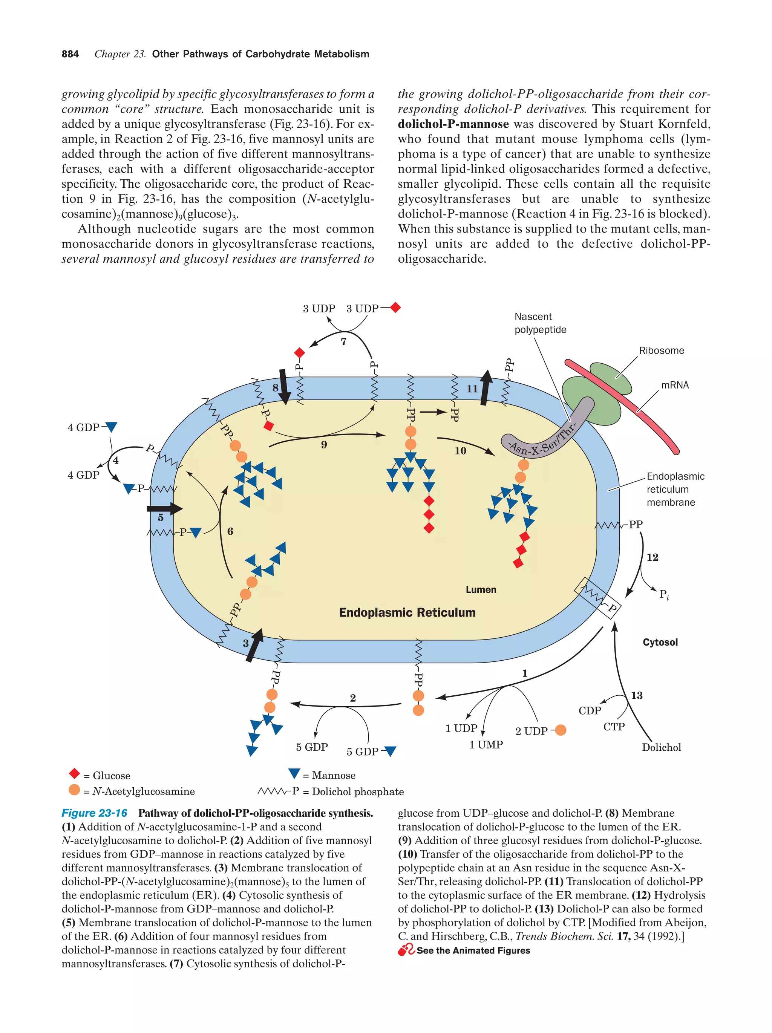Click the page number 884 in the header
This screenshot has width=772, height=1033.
70,54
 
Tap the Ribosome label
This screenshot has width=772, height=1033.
661,351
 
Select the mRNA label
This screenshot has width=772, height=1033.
674,385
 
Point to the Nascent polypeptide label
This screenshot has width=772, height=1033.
539,323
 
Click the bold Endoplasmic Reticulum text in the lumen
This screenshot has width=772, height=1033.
407,613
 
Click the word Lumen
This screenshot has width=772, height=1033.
481,590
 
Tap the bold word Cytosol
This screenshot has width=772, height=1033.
659,642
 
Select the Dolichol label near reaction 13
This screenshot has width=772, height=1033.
661,747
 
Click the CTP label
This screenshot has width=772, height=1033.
613,727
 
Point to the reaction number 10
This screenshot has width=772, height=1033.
460,451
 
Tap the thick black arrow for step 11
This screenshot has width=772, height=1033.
486,387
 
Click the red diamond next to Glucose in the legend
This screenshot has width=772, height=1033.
74,774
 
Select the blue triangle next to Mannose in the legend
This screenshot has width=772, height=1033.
294,773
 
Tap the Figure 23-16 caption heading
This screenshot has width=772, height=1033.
94,813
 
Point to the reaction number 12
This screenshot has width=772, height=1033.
652,557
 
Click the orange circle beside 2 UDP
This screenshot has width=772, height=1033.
560,730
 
